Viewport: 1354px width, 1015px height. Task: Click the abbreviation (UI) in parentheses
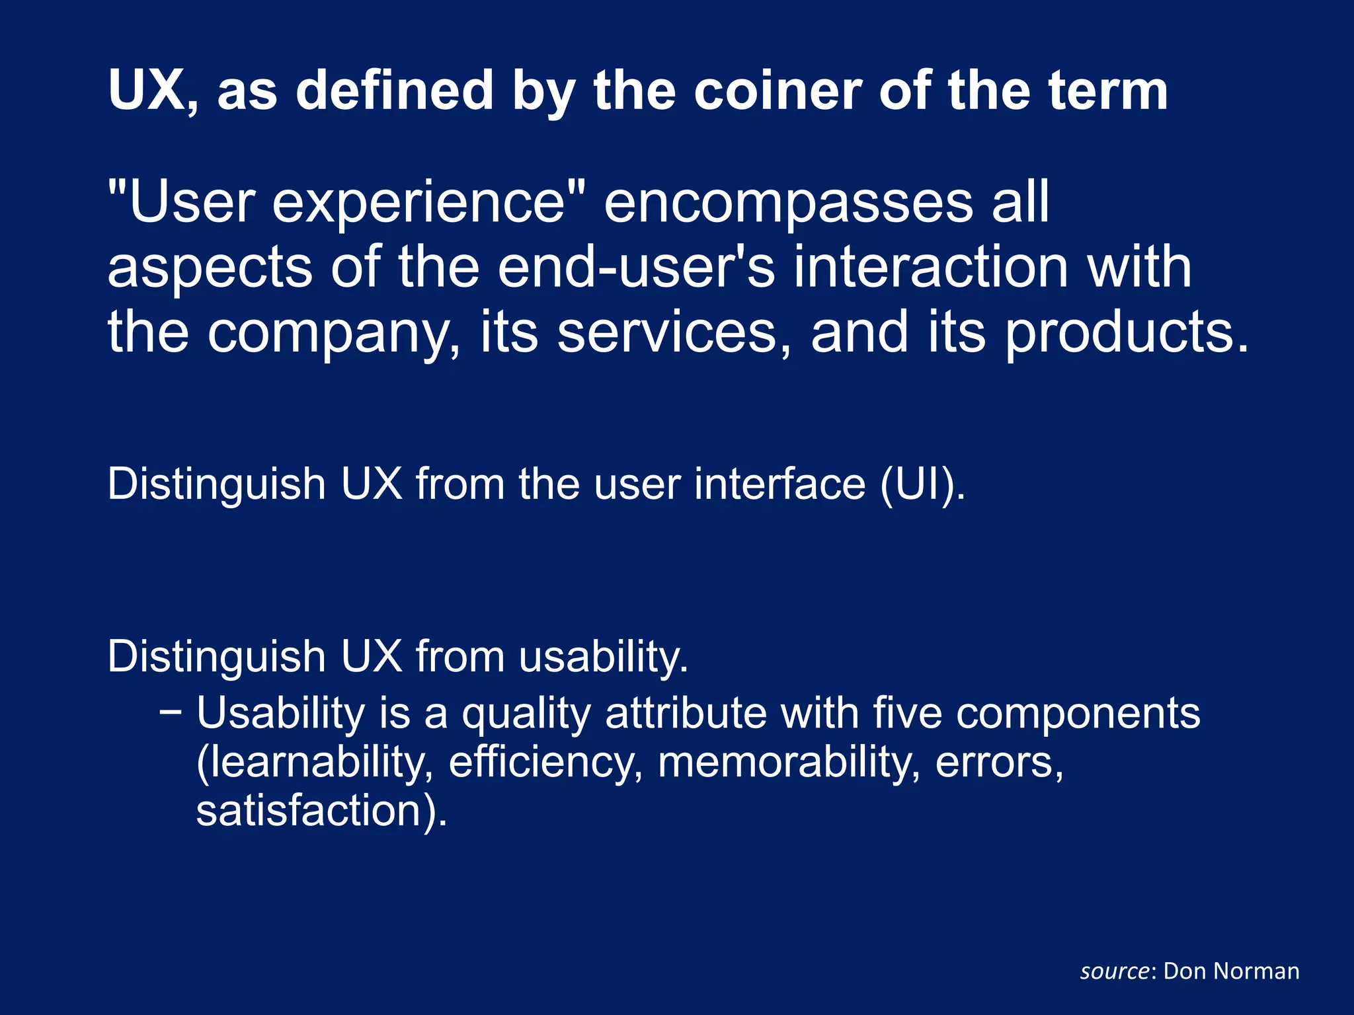922,484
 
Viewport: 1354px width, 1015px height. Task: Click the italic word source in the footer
1115,971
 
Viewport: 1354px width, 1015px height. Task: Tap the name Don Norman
1231,971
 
